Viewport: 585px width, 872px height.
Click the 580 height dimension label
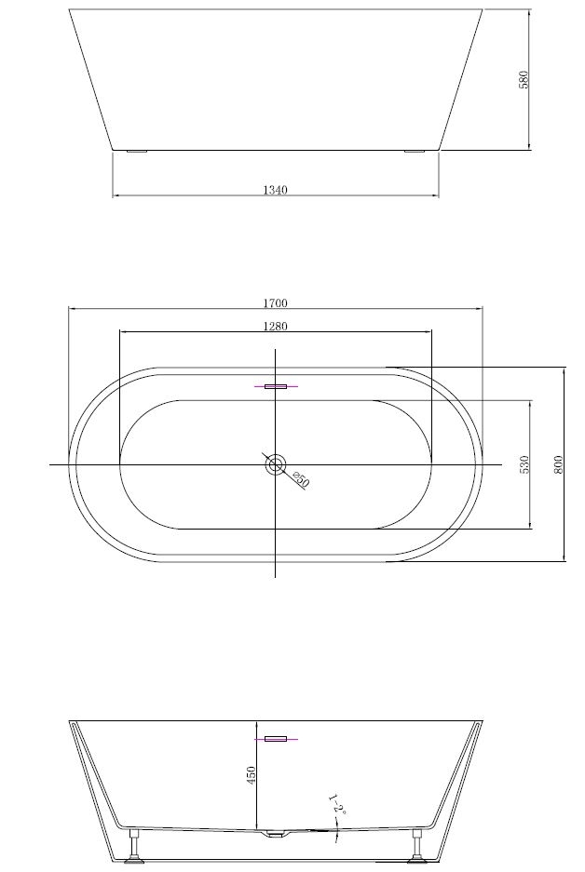pyautogui.click(x=524, y=79)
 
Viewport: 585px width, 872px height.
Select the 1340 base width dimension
pyautogui.click(x=275, y=190)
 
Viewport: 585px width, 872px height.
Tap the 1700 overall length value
pyautogui.click(x=275, y=302)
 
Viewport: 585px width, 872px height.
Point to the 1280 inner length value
pyautogui.click(x=275, y=326)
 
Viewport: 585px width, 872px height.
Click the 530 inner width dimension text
pyautogui.click(x=524, y=464)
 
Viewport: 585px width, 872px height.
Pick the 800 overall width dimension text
pyautogui.click(x=558, y=464)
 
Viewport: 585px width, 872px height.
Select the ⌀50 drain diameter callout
pyautogui.click(x=300, y=480)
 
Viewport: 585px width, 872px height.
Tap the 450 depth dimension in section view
pyautogui.click(x=251, y=774)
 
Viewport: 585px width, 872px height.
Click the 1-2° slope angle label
pyautogui.click(x=336, y=806)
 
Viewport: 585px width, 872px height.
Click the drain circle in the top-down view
pyautogui.click(x=276, y=463)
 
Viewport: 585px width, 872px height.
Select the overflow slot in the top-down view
pyautogui.click(x=276, y=385)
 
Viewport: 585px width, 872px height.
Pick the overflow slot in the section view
pyautogui.click(x=276, y=739)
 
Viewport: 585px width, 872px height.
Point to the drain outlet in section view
pyautogui.click(x=276, y=835)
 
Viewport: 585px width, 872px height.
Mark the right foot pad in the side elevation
pyautogui.click(x=414, y=151)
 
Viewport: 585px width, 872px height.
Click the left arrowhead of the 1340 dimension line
pyautogui.click(x=116, y=195)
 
